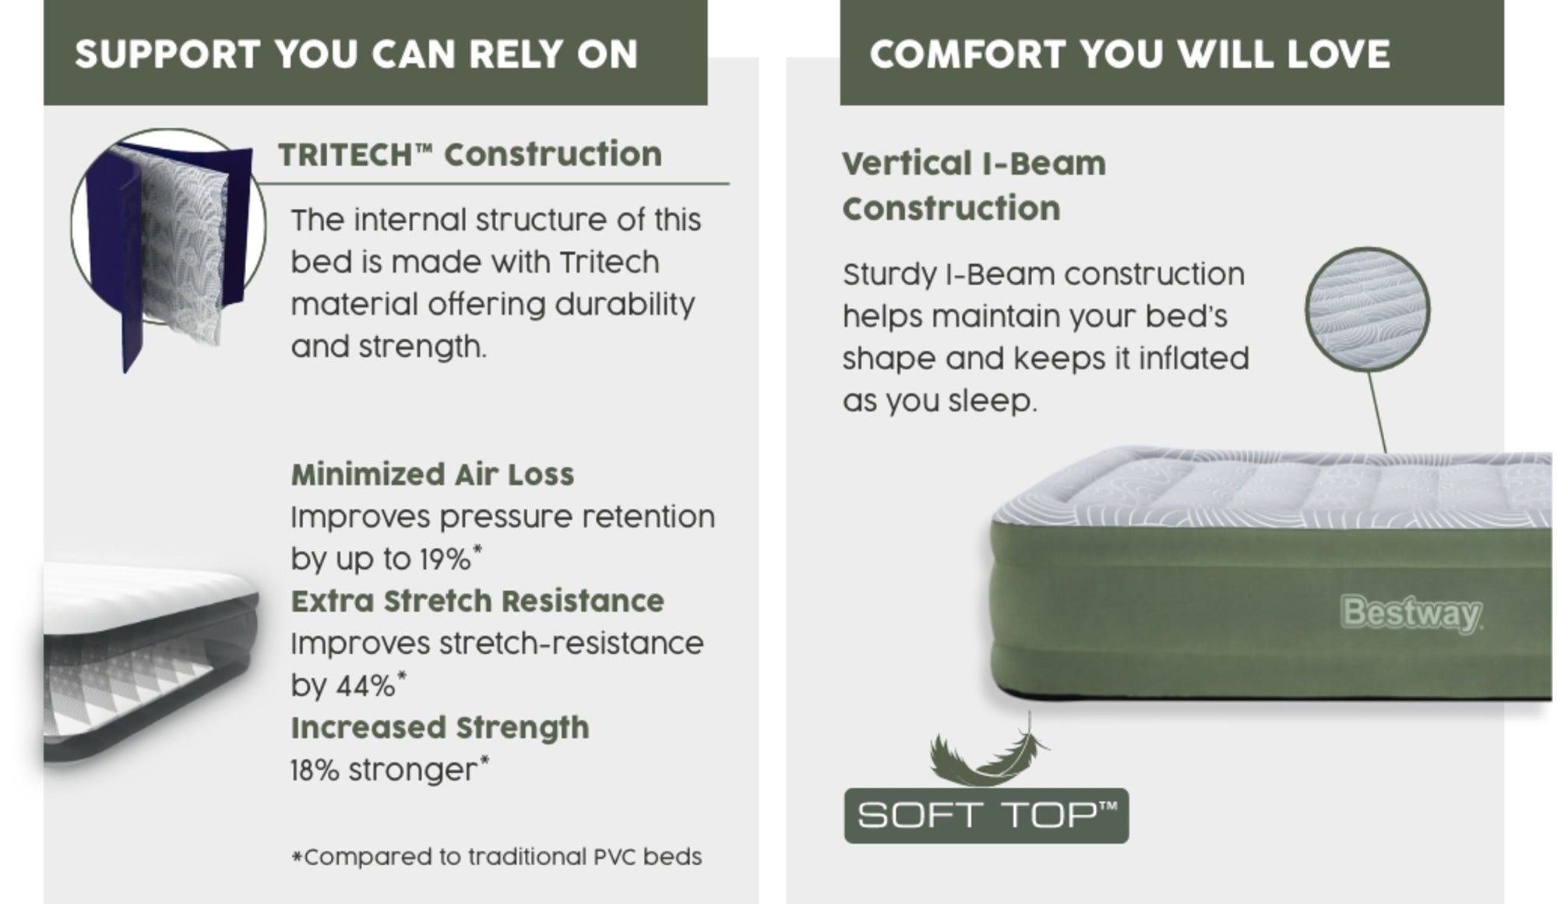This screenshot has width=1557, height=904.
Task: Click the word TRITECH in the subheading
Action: [345, 154]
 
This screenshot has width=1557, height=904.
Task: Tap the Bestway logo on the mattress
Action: [1411, 614]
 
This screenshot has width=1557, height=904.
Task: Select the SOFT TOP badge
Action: [986, 816]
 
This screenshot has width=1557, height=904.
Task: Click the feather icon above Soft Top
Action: [988, 750]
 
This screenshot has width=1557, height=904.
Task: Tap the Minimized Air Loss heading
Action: [432, 475]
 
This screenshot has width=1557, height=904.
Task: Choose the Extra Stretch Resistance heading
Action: [477, 601]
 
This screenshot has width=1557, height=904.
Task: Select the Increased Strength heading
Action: [440, 728]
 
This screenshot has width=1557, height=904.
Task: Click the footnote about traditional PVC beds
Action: [497, 857]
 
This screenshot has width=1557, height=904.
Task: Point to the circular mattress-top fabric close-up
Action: [1368, 310]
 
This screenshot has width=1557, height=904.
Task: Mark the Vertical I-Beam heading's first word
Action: [904, 164]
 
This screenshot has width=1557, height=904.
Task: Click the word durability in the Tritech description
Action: [625, 304]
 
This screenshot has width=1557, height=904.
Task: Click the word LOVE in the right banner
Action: [1338, 55]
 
